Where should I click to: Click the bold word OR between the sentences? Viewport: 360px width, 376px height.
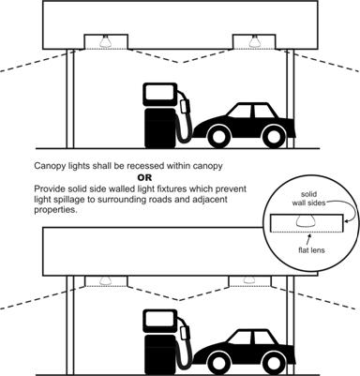pos(144,177)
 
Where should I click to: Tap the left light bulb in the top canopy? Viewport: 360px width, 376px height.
pos(106,41)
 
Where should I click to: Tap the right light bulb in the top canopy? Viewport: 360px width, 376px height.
pos(254,41)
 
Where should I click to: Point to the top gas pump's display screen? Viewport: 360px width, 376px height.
pos(159,95)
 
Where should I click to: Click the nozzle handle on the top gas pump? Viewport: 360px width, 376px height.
pos(186,105)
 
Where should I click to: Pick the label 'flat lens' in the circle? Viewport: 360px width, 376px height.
pos(311,250)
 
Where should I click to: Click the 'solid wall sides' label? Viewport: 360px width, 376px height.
pos(308,199)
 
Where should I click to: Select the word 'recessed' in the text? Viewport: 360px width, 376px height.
pos(147,166)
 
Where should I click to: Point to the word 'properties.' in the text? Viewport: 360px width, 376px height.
pos(55,210)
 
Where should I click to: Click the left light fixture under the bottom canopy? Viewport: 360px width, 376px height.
pos(106,281)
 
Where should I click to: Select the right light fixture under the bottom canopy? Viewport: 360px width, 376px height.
pos(249,281)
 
